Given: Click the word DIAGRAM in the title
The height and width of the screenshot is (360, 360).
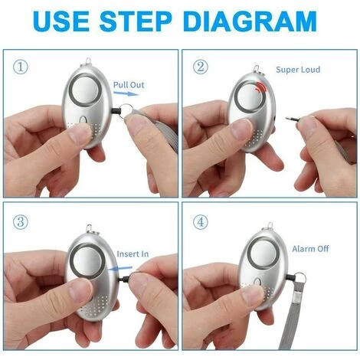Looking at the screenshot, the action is tap(250, 21).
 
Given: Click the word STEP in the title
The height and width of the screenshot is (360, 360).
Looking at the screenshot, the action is tap(136, 21).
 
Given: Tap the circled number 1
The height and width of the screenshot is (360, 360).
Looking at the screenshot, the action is tap(21, 67).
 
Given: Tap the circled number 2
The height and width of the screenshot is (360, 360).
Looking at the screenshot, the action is tap(201, 67).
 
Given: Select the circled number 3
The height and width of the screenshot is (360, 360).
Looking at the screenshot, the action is tap(21, 222).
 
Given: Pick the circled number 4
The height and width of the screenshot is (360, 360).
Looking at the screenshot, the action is tap(201, 222).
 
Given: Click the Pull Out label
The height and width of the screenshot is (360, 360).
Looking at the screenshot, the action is tap(129, 85).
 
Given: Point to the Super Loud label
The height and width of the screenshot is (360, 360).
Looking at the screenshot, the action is tap(298, 70).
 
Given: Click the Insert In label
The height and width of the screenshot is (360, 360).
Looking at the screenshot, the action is tap(133, 254).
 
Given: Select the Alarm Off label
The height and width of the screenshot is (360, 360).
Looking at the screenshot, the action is tap(310, 249).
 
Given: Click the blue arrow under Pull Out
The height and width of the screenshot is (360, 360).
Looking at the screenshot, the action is tap(126, 93).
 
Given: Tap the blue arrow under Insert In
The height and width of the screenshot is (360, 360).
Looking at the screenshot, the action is tap(119, 268).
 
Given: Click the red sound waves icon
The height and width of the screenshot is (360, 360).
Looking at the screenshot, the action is tap(260, 87).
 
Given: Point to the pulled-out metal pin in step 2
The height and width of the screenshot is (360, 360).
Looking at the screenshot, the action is tap(293, 118).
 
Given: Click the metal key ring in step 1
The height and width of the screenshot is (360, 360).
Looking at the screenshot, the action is tap(127, 111).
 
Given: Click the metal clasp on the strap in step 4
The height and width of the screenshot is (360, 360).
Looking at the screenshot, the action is tap(297, 297).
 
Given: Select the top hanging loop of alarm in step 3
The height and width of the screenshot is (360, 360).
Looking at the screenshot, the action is tap(90, 229).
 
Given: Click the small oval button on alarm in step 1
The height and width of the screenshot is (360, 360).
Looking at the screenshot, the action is tap(83, 119).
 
